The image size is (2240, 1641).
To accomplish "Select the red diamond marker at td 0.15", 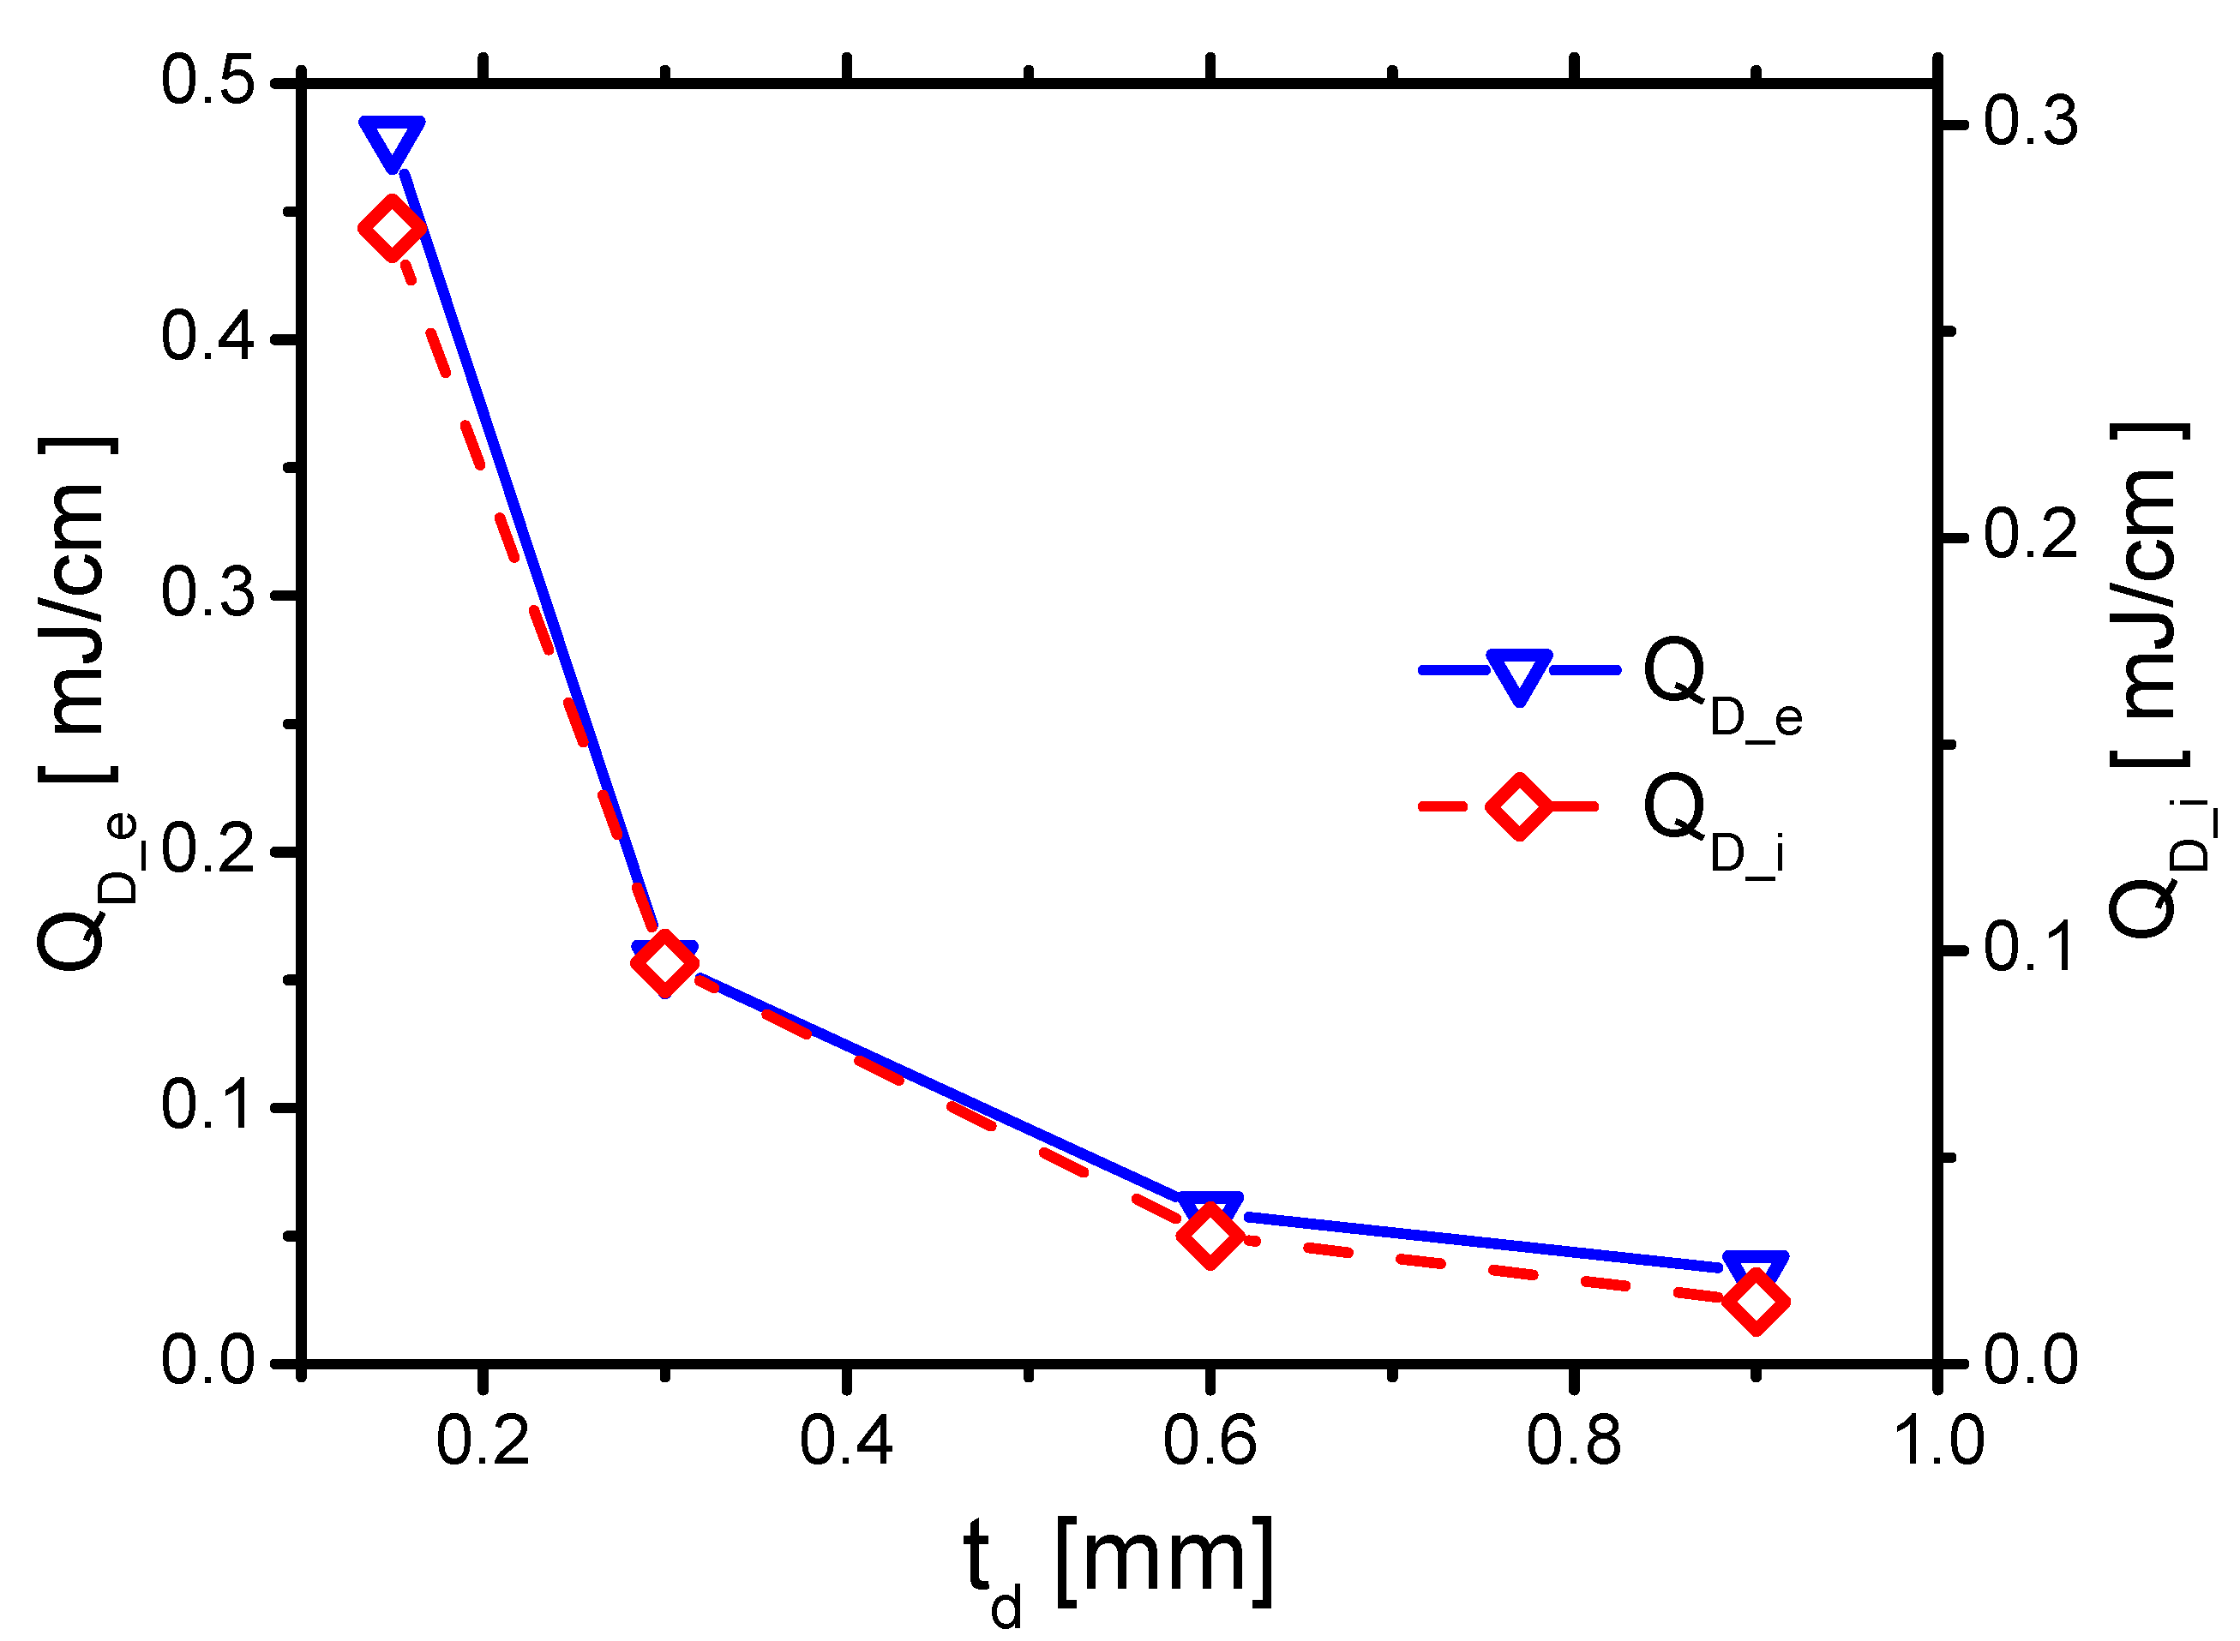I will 392,227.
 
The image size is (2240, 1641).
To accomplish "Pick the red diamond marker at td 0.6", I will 1210,1236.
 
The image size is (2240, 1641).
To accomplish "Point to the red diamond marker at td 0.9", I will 1755,1303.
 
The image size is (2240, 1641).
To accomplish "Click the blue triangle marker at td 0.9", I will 1755,1271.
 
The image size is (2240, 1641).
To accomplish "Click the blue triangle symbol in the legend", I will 1518,674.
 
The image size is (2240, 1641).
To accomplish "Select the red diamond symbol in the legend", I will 1518,806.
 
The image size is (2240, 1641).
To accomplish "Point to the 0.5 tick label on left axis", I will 207,81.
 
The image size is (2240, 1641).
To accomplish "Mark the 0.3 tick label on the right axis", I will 2030,123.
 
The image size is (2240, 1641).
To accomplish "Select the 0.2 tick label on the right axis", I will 2030,536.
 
